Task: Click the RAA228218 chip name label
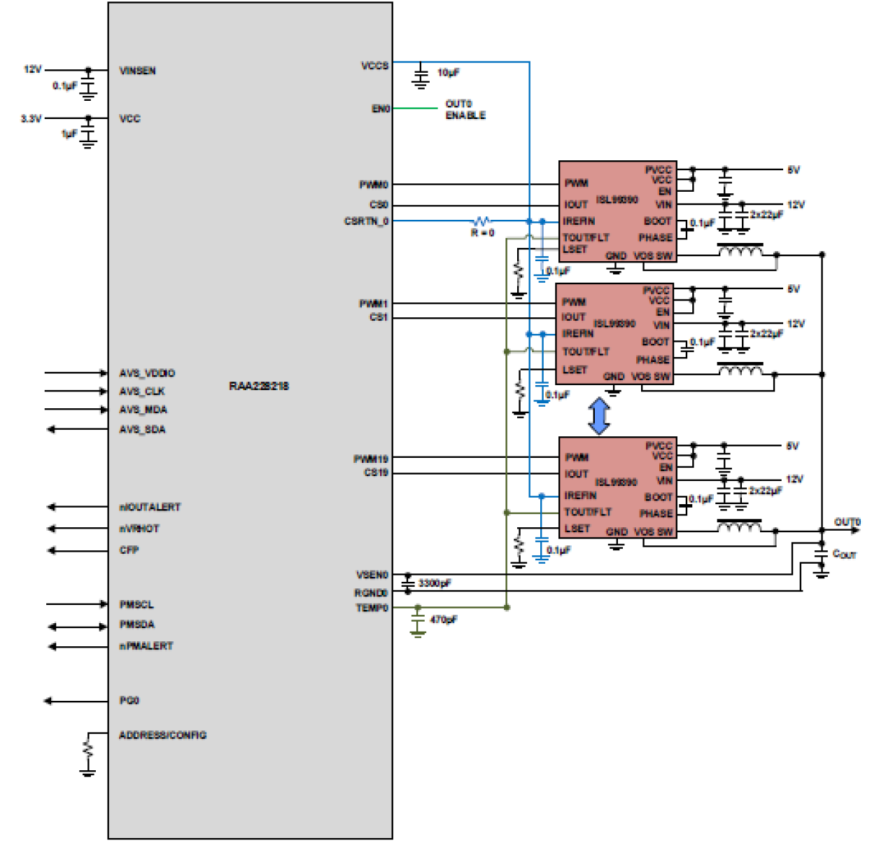point(258,386)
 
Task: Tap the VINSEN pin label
point(137,71)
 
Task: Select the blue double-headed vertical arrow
point(599,416)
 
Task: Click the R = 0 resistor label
point(482,232)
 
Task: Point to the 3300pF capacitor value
point(435,583)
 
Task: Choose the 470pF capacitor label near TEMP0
point(443,620)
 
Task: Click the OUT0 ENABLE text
point(465,109)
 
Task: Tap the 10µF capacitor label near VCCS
point(448,72)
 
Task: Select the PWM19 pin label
point(370,459)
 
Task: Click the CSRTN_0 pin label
point(366,221)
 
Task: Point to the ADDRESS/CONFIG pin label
point(162,735)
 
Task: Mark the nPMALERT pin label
point(146,646)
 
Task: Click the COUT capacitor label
point(844,554)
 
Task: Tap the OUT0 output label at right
point(847,522)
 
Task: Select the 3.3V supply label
point(31,118)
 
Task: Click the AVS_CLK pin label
point(142,391)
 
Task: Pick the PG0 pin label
point(129,700)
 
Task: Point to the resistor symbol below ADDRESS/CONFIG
point(87,749)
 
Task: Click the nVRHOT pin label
point(139,529)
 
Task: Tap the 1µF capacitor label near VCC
point(69,133)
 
